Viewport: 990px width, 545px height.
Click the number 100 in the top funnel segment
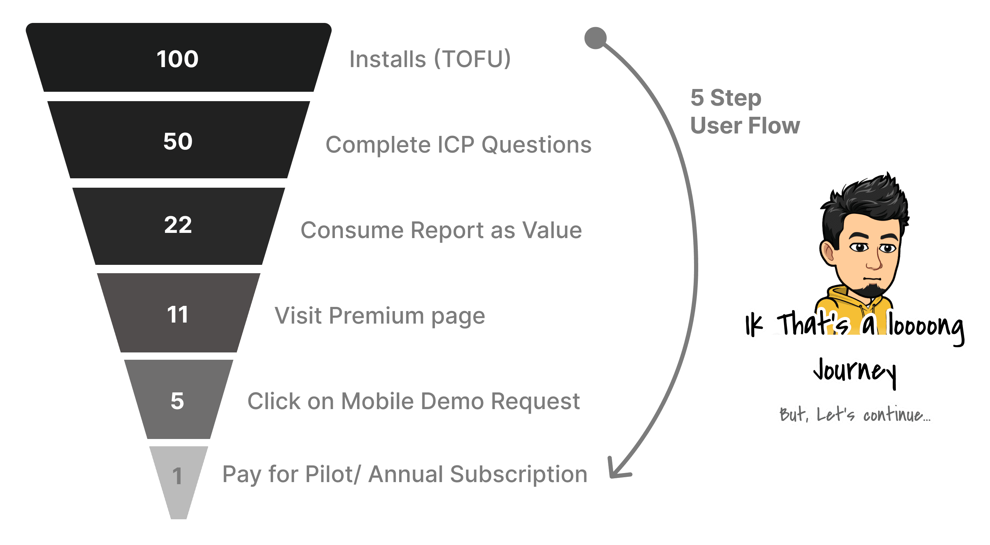178,59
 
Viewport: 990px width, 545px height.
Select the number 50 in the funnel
178,141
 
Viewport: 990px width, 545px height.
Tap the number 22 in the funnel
178,225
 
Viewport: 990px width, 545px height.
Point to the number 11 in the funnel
178,315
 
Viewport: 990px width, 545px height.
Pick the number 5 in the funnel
177,401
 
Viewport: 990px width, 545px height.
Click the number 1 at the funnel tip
177,476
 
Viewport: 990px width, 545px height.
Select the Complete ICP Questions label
458,145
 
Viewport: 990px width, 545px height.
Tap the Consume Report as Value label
441,230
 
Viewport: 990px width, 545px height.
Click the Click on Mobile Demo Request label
413,401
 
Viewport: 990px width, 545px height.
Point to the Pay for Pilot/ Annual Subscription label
405,474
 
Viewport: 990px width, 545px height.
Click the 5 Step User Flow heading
744,112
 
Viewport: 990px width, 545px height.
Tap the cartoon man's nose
874,263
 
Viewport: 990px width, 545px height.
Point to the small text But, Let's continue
855,415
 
